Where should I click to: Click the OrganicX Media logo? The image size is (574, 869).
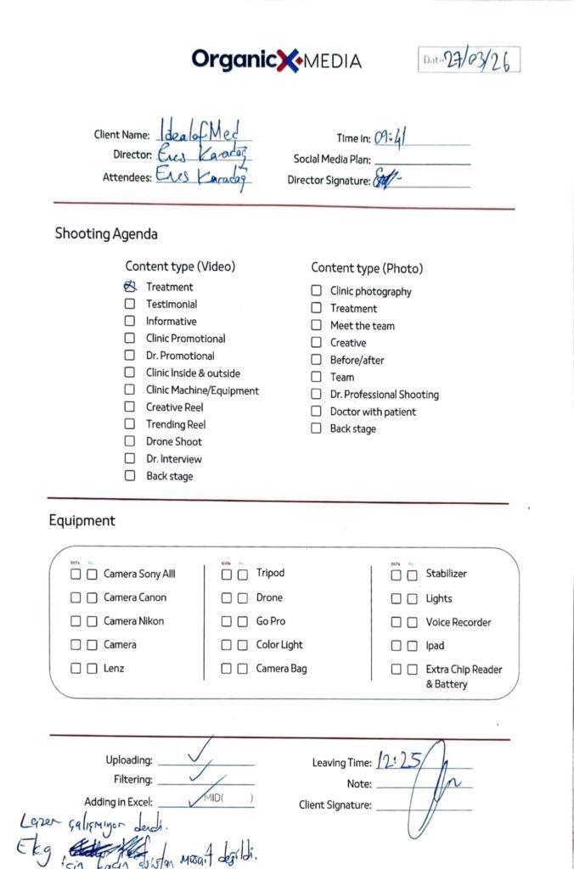(x=276, y=59)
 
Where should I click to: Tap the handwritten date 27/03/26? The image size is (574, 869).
(x=477, y=60)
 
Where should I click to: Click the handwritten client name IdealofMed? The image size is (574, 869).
(x=202, y=132)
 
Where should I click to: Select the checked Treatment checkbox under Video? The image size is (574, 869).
(x=130, y=287)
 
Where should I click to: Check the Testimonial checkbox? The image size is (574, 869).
(x=130, y=304)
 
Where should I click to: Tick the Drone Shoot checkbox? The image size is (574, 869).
(x=130, y=441)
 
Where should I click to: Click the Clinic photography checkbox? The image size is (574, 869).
(x=316, y=291)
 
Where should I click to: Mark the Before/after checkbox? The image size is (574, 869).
(x=316, y=360)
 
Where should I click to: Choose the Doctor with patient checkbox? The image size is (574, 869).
(x=316, y=412)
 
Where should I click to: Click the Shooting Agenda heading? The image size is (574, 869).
(x=106, y=233)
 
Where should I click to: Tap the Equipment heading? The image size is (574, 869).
(x=82, y=520)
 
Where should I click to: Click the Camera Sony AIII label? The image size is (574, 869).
(x=139, y=574)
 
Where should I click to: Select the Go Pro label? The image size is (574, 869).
(x=271, y=621)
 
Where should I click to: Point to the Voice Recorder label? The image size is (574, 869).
(x=459, y=622)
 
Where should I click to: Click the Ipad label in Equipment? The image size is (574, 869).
(x=435, y=646)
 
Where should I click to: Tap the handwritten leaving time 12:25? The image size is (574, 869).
(x=399, y=760)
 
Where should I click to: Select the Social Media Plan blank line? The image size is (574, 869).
(x=422, y=160)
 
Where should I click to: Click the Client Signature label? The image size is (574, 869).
(x=335, y=805)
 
